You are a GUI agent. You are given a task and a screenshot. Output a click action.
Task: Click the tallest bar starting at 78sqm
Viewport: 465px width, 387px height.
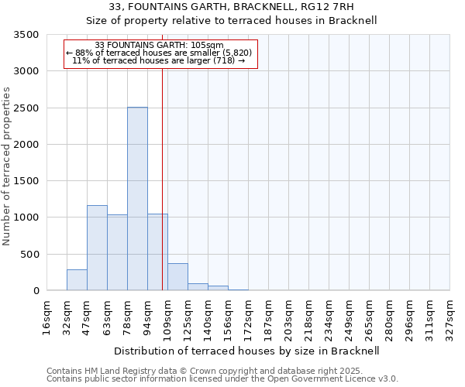(x=137, y=199)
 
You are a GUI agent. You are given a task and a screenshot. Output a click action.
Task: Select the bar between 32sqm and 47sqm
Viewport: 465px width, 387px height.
(x=77, y=280)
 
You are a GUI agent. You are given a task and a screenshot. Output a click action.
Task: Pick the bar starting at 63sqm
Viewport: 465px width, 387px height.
(x=117, y=252)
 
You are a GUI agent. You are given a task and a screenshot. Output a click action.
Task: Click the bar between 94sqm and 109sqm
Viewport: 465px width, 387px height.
(x=157, y=252)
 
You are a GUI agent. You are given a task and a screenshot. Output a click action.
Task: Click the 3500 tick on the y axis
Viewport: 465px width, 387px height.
(x=27, y=35)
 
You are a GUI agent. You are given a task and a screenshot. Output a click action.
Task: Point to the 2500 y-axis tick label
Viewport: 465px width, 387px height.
(x=27, y=108)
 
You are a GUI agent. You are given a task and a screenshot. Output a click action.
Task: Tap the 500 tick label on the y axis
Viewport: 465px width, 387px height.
(x=30, y=255)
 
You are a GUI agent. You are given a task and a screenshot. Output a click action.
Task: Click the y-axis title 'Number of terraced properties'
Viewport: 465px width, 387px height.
(x=8, y=166)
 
